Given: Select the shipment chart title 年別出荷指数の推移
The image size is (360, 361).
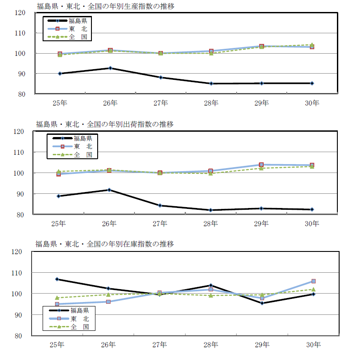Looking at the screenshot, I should [x=105, y=124].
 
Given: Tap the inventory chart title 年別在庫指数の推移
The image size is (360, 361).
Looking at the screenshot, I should [x=105, y=244].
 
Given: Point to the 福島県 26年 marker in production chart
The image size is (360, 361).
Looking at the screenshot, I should [x=110, y=68].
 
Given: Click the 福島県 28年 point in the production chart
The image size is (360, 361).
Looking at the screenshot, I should [x=211, y=83].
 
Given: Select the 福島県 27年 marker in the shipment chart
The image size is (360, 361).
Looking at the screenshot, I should [x=160, y=205].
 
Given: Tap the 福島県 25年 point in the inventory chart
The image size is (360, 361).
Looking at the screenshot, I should [x=57, y=279].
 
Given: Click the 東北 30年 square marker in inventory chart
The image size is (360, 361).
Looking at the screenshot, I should [x=313, y=281].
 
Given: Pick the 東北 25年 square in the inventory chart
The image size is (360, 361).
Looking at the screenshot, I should [x=57, y=304].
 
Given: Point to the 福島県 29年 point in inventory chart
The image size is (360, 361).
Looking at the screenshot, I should [x=262, y=303].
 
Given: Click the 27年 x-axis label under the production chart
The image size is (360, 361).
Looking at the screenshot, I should [x=160, y=103].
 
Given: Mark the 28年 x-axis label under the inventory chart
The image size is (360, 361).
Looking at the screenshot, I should [x=211, y=345].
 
